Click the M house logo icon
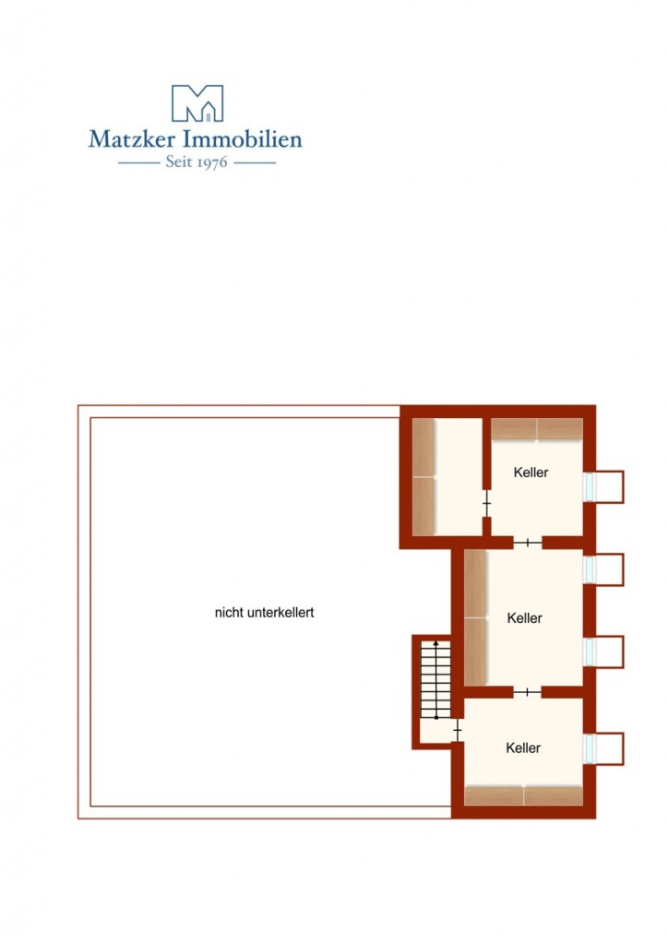click(x=197, y=103)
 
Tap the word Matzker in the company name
click(x=132, y=139)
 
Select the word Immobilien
click(x=242, y=139)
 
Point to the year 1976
click(x=212, y=162)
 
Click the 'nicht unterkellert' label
click(x=265, y=613)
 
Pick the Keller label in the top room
click(x=531, y=472)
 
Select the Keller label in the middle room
click(x=525, y=617)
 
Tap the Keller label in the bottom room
click(x=523, y=748)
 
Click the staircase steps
click(x=435, y=680)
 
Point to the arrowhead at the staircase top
click(x=436, y=643)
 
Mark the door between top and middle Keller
click(x=527, y=543)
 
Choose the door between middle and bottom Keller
click(x=527, y=692)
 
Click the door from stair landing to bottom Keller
click(x=458, y=731)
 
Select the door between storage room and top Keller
click(x=486, y=503)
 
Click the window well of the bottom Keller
click(x=605, y=748)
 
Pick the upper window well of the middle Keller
click(x=605, y=569)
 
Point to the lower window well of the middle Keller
click(x=605, y=652)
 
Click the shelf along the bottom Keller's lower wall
click(x=523, y=795)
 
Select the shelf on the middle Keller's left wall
click(x=475, y=617)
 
